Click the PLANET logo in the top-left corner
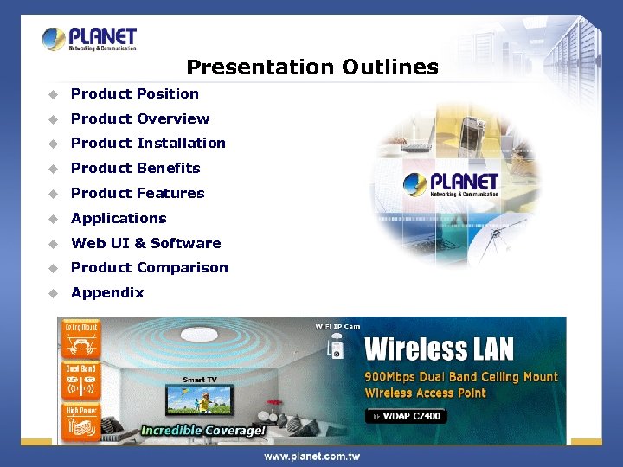[x=89, y=39]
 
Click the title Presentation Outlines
[x=312, y=67]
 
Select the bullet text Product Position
[x=135, y=93]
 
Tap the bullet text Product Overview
[x=140, y=118]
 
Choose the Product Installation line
[x=148, y=143]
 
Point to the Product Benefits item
[x=136, y=168]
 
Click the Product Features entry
[x=138, y=193]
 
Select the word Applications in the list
[x=119, y=218]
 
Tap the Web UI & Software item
[x=146, y=243]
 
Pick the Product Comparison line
[x=150, y=267]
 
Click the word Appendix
[x=107, y=292]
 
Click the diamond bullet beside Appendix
[x=53, y=293]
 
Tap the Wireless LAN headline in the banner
[x=439, y=349]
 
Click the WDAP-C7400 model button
[x=408, y=416]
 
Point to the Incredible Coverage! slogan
[x=203, y=430]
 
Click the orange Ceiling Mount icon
[x=80, y=340]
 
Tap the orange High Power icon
[x=80, y=421]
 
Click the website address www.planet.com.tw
[x=311, y=456]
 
